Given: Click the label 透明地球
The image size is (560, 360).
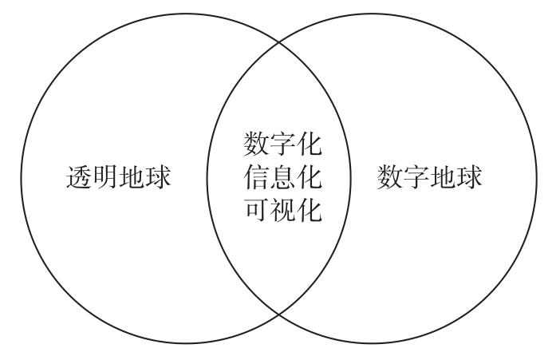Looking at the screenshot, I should [117, 177].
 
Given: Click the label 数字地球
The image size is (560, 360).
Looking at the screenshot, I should [429, 177].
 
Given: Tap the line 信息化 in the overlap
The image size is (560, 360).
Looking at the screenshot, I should [282, 178].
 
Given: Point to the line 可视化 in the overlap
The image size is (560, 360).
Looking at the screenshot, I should [282, 210].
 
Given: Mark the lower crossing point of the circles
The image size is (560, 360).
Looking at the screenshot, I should [280, 314].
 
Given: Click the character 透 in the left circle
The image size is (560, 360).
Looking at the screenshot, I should [78, 177].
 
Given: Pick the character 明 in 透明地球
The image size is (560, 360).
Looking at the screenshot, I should [105, 177].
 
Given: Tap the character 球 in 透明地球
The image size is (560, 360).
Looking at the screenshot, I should [157, 177].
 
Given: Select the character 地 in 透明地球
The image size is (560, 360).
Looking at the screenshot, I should [131, 177].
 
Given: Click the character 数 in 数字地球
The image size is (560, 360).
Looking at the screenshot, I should [390, 177].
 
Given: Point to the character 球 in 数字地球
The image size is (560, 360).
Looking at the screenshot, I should [469, 177].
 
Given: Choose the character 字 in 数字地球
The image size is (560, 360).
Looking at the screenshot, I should [416, 177].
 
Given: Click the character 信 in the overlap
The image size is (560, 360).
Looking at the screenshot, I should [255, 178].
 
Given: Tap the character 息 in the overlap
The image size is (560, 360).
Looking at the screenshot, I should [282, 178].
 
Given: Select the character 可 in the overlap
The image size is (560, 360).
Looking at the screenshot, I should [255, 210].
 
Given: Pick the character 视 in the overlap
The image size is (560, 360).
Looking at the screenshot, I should [282, 210].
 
